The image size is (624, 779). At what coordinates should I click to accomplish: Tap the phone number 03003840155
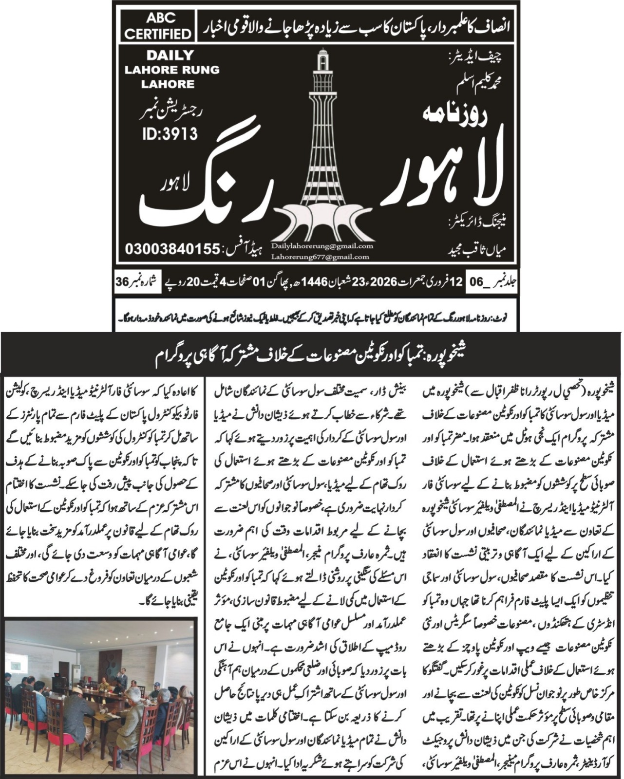tap(172, 249)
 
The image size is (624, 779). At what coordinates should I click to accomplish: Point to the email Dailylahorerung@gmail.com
tap(322, 246)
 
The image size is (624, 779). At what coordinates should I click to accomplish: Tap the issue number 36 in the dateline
tap(122, 281)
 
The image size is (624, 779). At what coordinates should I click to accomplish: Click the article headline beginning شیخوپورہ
tap(312, 352)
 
